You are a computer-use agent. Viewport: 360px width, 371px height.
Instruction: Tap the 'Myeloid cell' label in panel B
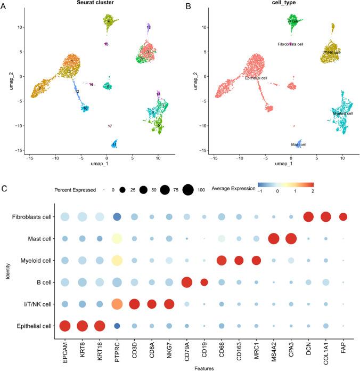point(342,113)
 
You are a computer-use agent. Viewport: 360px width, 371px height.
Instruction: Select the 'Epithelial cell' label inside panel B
point(256,78)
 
